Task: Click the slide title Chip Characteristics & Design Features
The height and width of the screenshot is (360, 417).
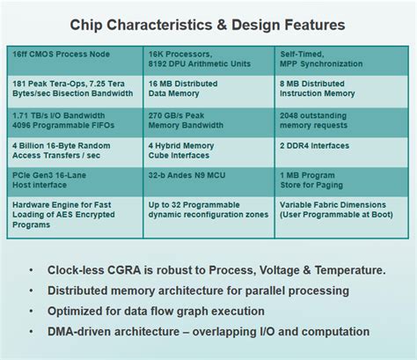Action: point(208,25)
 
